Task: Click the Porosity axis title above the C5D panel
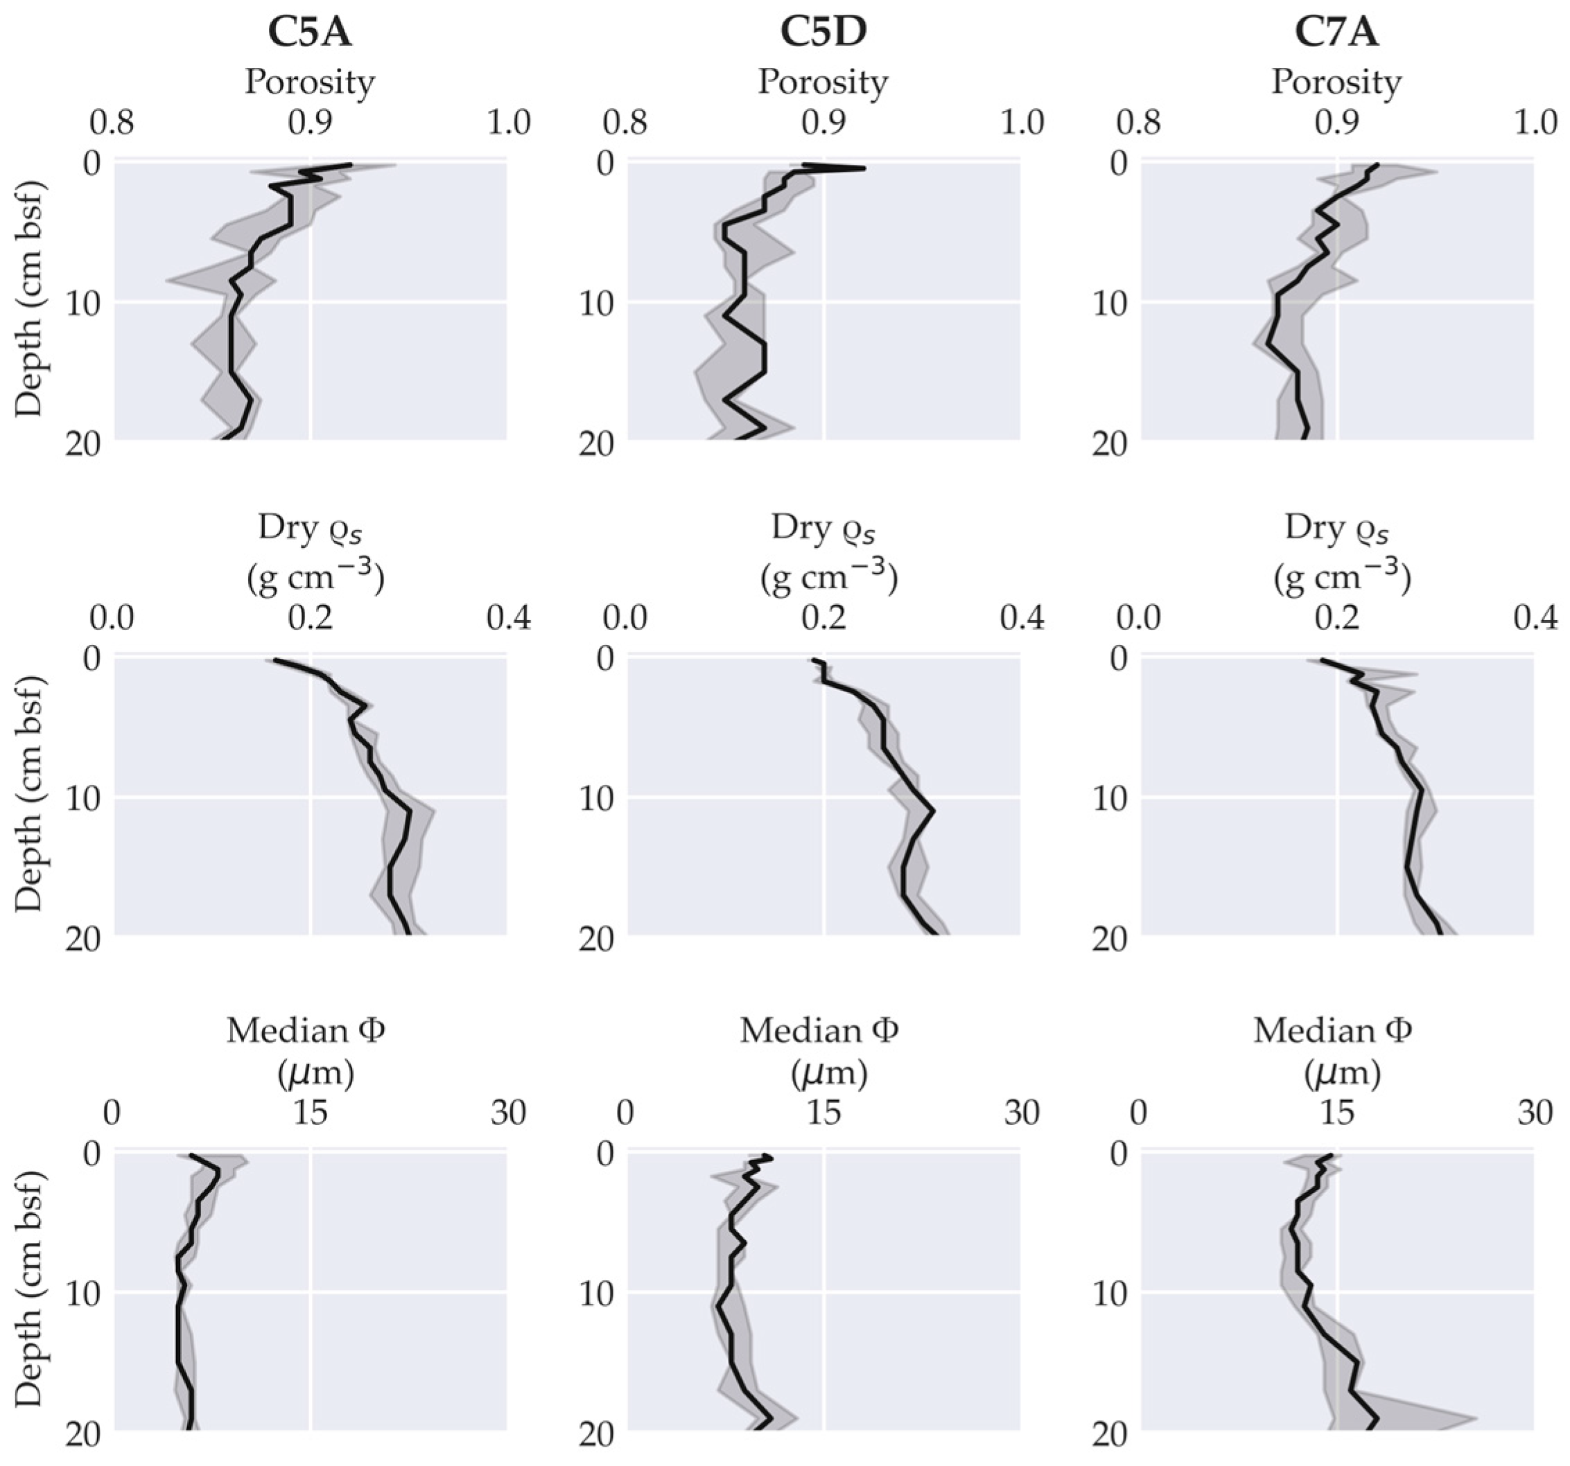click(823, 82)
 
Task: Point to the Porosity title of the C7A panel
click(1336, 82)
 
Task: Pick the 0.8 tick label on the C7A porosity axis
click(1140, 124)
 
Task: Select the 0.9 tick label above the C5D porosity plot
click(823, 124)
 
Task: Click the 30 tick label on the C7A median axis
click(1535, 1113)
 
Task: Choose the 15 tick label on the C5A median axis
click(311, 1113)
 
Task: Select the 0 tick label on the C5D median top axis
click(626, 1113)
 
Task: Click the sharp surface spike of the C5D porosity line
click(864, 168)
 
